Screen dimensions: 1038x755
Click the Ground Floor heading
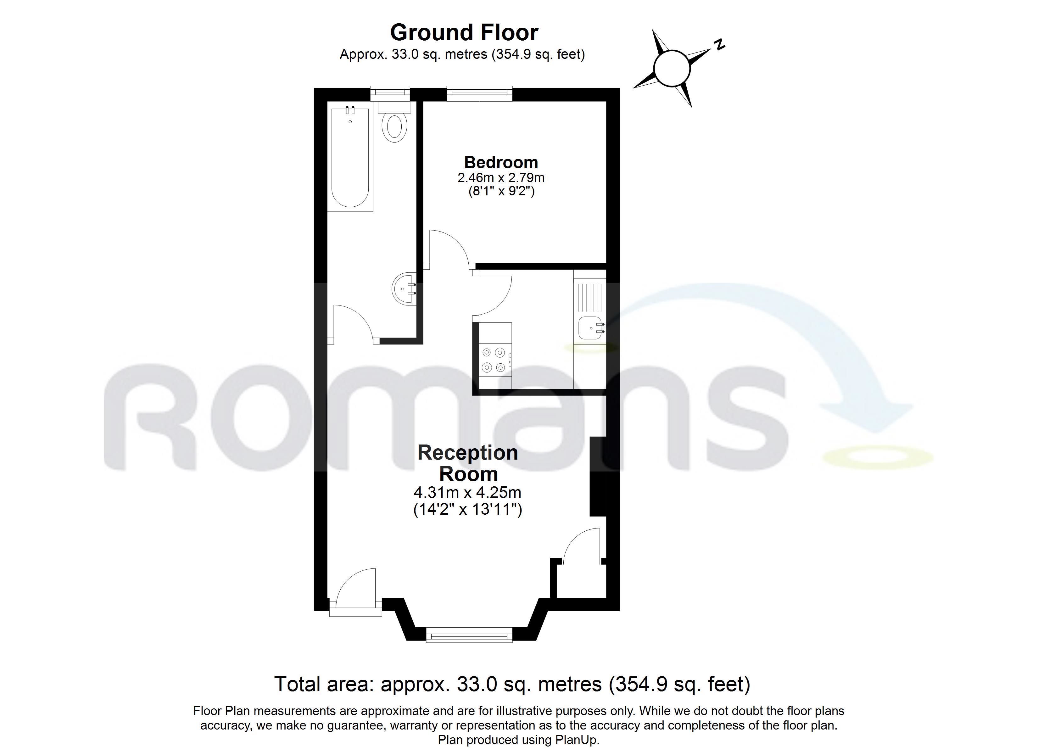(x=464, y=32)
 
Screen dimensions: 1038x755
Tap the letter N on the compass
(x=719, y=44)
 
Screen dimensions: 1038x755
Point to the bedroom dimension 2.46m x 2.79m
(x=501, y=177)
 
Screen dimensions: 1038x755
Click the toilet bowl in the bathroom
(x=394, y=127)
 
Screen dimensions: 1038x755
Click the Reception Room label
(x=468, y=463)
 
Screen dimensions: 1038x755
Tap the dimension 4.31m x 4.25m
(x=467, y=492)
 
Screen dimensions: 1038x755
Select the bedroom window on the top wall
(x=479, y=93)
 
